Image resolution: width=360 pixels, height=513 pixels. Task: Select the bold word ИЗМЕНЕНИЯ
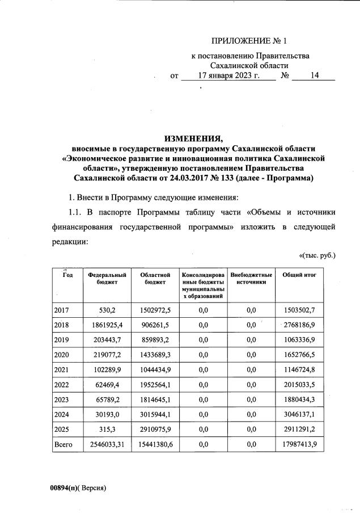(x=193, y=137)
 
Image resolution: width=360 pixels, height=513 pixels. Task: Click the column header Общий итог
(x=299, y=275)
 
